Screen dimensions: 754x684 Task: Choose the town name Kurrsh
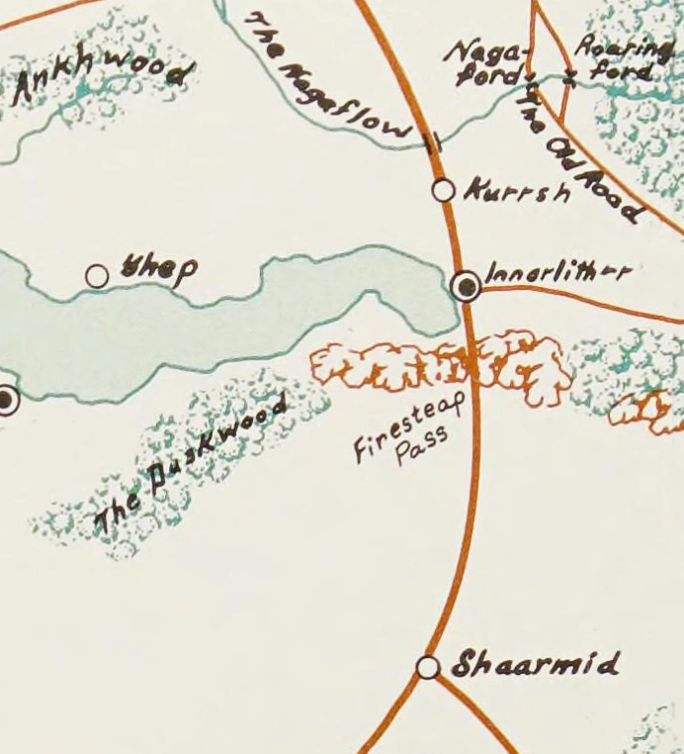[x=516, y=190]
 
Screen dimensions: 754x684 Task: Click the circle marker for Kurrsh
[x=444, y=189]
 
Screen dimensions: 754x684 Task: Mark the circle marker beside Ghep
[x=97, y=276]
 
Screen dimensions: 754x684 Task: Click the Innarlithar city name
[x=556, y=271]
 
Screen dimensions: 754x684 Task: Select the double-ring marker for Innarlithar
[x=466, y=286]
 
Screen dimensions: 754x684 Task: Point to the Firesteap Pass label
[x=400, y=435]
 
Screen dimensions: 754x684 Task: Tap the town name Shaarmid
[x=535, y=664]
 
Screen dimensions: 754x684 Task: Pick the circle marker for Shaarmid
[x=428, y=668]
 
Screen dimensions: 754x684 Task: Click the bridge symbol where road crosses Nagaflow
[x=432, y=142]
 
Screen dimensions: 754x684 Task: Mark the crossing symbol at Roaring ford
[x=568, y=76]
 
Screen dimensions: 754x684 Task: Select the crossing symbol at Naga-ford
[x=532, y=77]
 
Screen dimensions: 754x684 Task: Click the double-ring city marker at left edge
[x=6, y=401]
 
